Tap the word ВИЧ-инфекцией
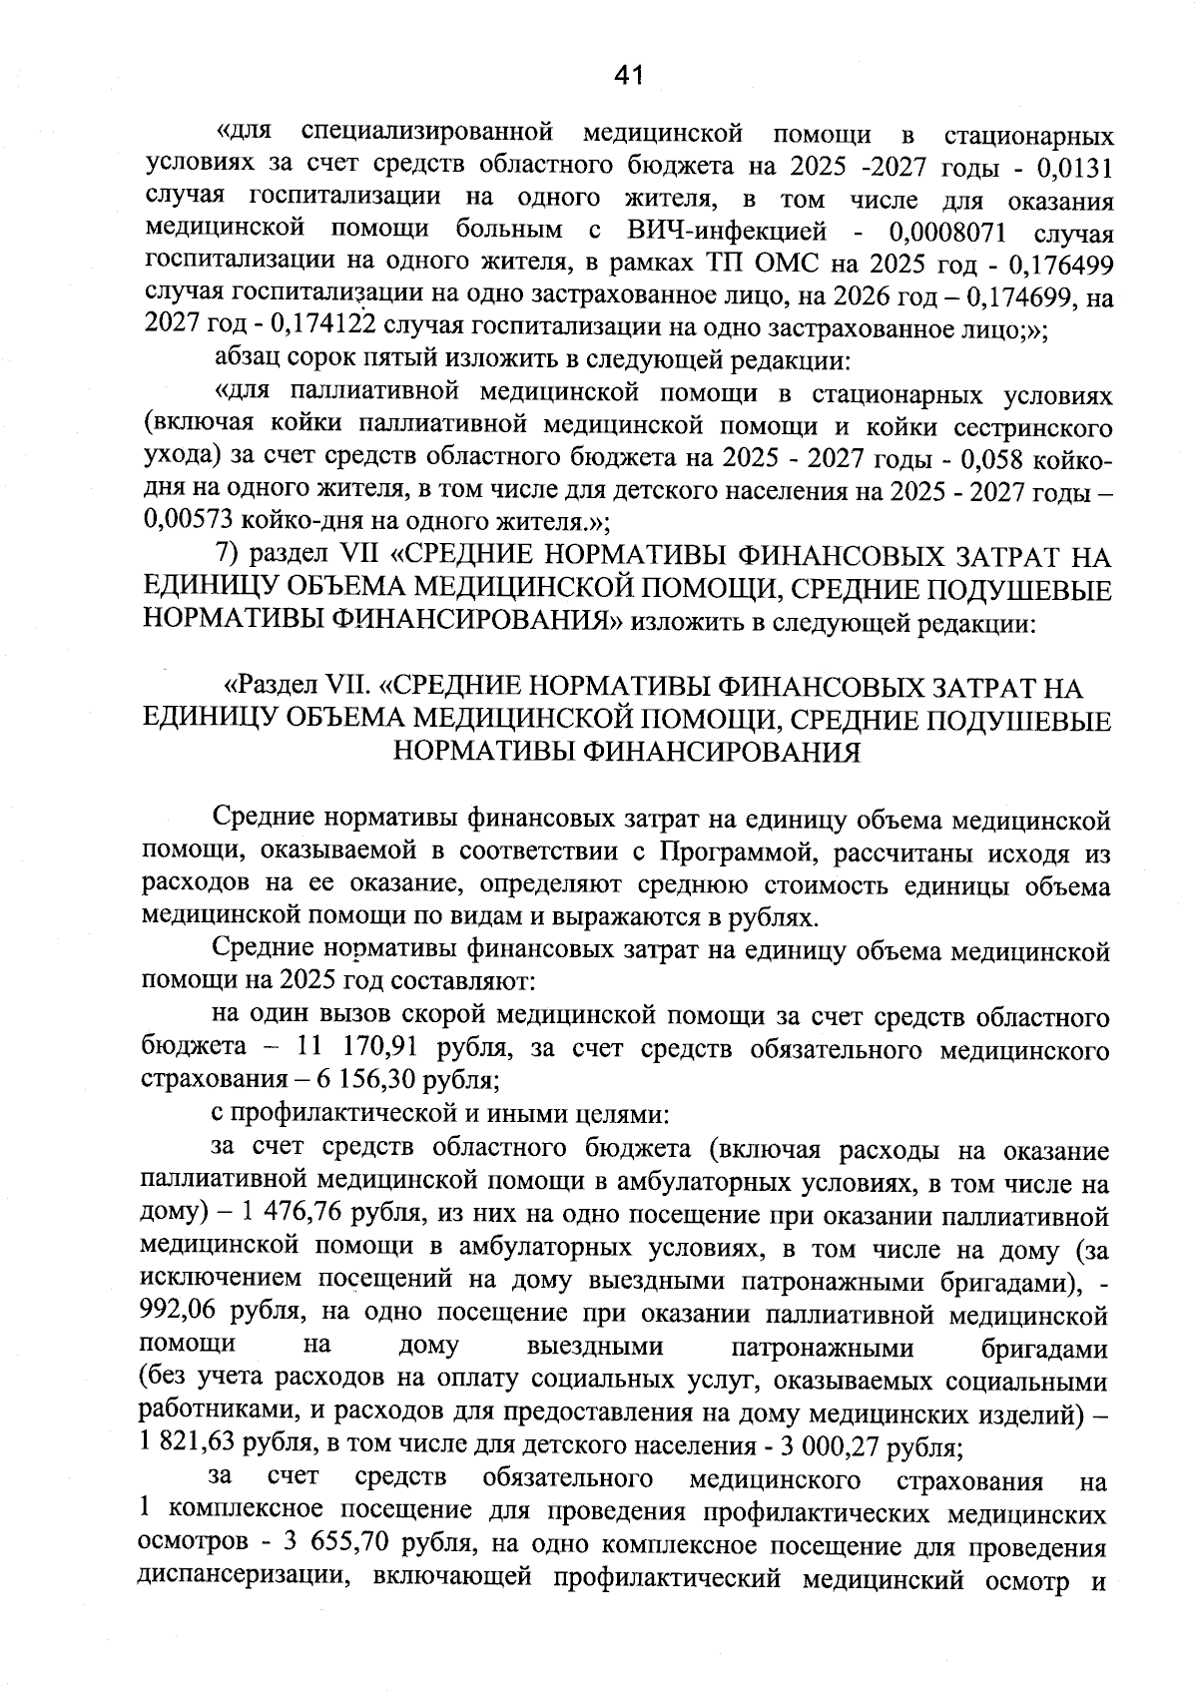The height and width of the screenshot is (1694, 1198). (x=726, y=232)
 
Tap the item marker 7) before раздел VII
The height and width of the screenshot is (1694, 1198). (x=231, y=555)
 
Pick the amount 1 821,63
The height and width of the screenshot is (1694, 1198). (x=188, y=1445)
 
